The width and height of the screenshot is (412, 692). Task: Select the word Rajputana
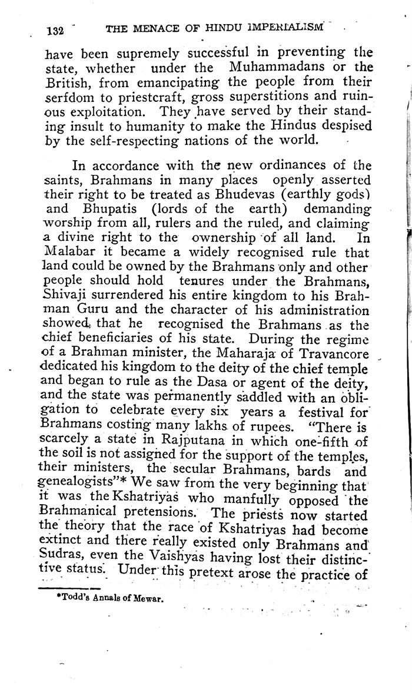(x=184, y=455)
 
